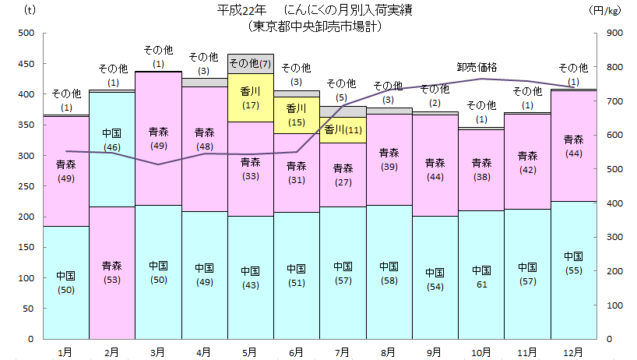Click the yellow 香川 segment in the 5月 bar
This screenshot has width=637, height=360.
250,97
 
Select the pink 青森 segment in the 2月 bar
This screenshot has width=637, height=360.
112,273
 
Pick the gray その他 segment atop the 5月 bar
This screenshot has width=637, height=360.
250,63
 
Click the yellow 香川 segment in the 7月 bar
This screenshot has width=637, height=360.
343,129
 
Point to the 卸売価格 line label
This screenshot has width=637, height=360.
477,67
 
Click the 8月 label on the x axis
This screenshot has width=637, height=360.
389,352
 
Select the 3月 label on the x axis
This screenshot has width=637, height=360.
158,352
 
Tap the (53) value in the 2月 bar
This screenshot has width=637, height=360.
112,280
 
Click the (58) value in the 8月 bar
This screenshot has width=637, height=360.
389,279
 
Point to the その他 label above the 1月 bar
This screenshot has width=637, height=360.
66,94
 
